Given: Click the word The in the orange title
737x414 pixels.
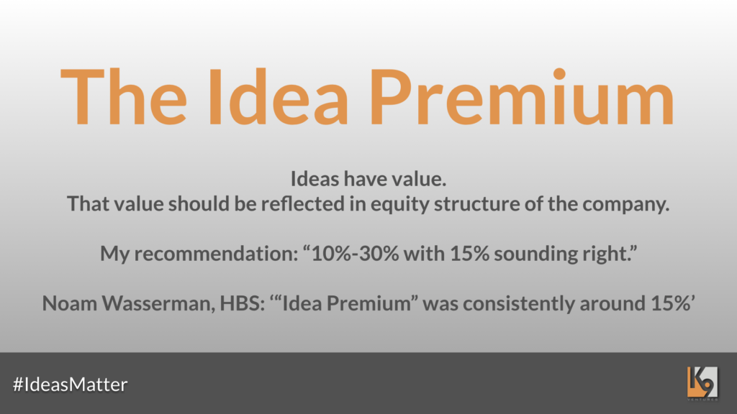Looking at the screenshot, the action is [124, 97].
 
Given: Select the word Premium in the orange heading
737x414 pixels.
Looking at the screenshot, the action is [523, 97].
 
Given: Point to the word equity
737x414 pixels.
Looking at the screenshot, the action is [400, 205].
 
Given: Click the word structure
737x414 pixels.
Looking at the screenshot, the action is [476, 203].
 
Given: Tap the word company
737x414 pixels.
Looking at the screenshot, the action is [625, 205].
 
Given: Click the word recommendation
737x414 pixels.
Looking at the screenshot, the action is [216, 254].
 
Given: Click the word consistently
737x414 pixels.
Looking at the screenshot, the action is [519, 304].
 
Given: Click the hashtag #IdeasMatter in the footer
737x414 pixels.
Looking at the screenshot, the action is [70, 385].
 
